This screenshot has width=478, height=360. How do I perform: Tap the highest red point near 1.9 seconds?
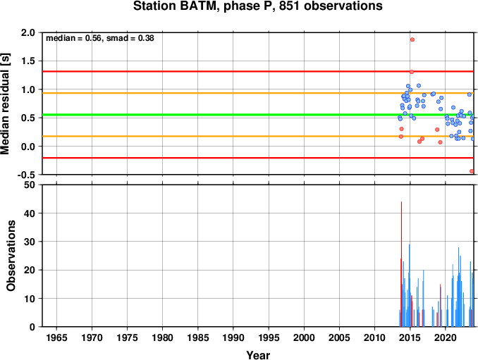tap(412, 39)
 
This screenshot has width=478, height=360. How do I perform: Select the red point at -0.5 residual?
tap(472, 171)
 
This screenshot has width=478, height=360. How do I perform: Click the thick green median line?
tap(258, 115)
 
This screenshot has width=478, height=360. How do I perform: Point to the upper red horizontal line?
tap(258, 72)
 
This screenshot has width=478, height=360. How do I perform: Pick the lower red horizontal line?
tap(258, 158)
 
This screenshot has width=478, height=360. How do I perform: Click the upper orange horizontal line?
tap(258, 93)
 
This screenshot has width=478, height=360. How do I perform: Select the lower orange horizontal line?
tap(258, 136)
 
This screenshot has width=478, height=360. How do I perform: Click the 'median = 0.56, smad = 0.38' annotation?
tap(100, 38)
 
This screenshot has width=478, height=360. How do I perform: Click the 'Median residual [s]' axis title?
tap(5, 104)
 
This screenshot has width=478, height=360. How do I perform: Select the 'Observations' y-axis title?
tap(11, 256)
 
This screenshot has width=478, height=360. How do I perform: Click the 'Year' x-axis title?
tap(258, 355)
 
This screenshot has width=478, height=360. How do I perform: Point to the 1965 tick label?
tap(56, 337)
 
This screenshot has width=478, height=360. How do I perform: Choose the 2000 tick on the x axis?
tap(304, 337)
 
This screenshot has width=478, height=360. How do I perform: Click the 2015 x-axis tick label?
tap(410, 337)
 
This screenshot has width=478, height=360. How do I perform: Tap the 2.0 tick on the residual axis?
tap(28, 32)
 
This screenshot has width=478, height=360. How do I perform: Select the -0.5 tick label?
tap(26, 175)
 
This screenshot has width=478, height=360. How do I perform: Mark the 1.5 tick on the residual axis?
tap(28, 61)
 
